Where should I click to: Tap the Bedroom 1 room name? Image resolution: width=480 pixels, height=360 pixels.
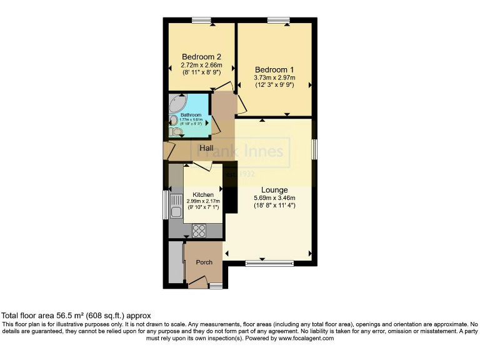pos(274,69)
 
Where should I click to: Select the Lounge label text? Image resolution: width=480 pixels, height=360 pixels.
pos(274,190)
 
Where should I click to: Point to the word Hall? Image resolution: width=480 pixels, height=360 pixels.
pos(207,148)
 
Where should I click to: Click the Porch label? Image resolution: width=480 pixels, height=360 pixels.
pos(204,262)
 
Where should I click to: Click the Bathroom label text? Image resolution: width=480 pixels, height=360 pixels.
pos(191,115)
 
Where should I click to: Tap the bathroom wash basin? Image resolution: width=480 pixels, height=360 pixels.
pos(173,120)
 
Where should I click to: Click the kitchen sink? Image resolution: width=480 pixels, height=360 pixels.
pos(175,206)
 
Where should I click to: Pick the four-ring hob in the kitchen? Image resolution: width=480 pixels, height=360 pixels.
pos(199,230)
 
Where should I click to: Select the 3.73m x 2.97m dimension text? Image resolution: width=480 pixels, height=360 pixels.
pos(274,77)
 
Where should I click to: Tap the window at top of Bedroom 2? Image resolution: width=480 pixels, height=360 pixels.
pos(202,21)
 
